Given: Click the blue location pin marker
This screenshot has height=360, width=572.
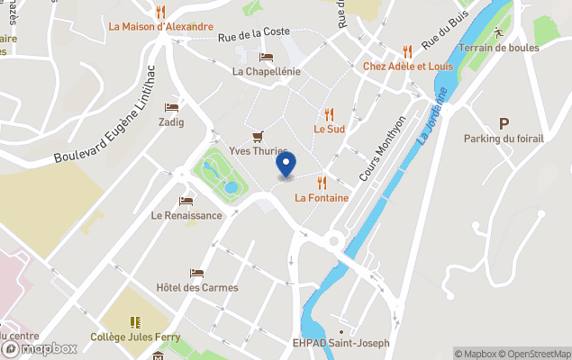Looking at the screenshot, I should point(285,165).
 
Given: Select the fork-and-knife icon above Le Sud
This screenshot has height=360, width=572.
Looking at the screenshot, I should point(329,114).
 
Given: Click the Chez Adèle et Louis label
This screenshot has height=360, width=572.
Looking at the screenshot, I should point(408,67).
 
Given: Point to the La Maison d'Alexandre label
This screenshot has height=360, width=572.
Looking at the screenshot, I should point(161,27).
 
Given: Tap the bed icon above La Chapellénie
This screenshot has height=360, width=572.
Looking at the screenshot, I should point(266,57).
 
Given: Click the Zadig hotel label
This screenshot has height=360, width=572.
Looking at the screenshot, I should point(171,121).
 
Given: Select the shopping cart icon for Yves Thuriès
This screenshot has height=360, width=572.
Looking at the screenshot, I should point(259,136).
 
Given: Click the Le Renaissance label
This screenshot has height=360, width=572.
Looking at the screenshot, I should point(186,215).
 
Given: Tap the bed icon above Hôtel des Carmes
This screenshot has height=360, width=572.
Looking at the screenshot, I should point(197,273).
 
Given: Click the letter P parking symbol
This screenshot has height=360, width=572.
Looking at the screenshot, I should point(504,124).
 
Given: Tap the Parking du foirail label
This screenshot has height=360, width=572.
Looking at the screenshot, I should point(504,139).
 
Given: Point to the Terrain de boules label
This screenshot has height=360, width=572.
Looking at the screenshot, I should point(497,48).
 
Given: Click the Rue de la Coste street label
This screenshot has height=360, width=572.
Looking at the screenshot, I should point(254,33).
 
